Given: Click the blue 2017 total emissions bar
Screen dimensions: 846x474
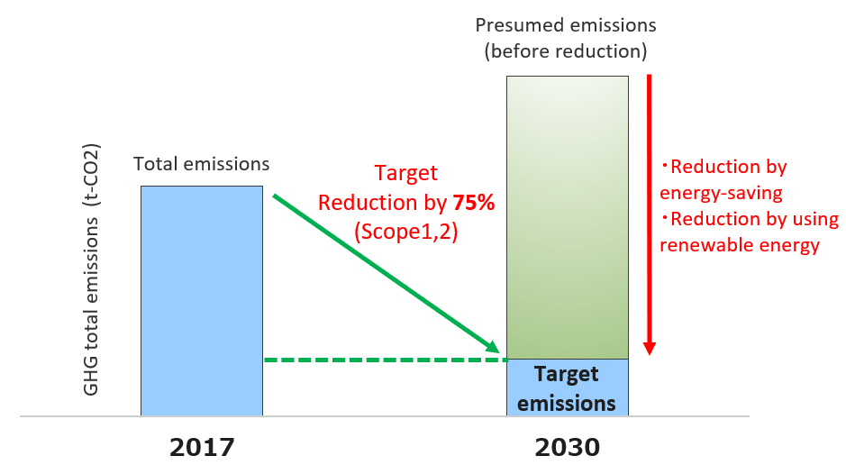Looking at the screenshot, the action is pos(202,301).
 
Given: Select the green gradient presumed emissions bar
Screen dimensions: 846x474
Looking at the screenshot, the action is pos(568,217).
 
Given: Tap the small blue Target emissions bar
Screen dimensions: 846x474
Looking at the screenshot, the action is pos(568,387).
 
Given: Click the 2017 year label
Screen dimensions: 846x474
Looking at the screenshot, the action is pos(203,447).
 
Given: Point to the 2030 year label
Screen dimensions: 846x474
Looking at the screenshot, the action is pos(568,447).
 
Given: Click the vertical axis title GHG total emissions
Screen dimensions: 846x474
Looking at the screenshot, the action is pos(91,306).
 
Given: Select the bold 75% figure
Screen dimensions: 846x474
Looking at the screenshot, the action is pos(474,203).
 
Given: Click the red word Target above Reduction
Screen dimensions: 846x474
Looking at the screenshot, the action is pos(406,173).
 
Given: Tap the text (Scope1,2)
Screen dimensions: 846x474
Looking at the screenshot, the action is pos(406,231).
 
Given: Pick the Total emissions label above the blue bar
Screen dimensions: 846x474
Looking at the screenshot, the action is pos(201,164).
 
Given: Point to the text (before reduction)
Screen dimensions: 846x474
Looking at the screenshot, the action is pos(566,51).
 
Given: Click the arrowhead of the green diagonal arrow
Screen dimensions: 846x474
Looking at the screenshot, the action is pos(493,346).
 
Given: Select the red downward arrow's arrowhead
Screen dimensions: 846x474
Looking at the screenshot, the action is pos(650,348).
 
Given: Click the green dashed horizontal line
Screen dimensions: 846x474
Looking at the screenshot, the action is pos(386,360).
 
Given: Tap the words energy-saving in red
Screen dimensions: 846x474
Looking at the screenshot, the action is pos(721,193).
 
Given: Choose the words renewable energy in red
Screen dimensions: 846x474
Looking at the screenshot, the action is pos(740,245).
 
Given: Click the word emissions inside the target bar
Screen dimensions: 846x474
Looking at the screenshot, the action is pos(567,404).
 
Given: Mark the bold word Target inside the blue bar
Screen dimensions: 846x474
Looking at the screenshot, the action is pos(567,374).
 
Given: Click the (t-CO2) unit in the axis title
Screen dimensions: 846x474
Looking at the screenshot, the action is pos(91,176).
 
